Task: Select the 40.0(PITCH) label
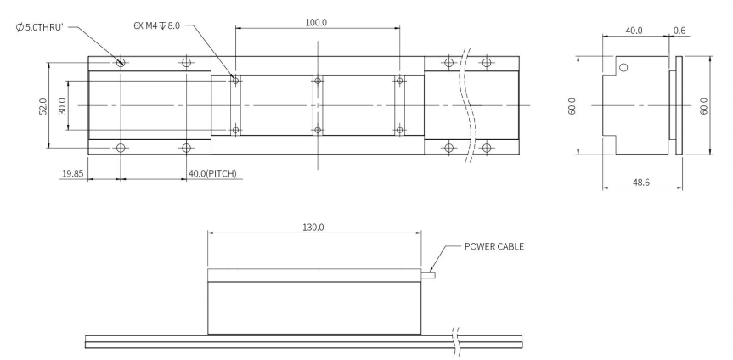pyautogui.click(x=212, y=174)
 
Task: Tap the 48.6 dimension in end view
pyautogui.click(x=640, y=182)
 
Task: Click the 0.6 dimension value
pyautogui.click(x=679, y=30)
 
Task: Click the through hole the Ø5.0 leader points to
pyautogui.click(x=121, y=63)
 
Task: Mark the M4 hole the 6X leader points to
pyautogui.click(x=236, y=82)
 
